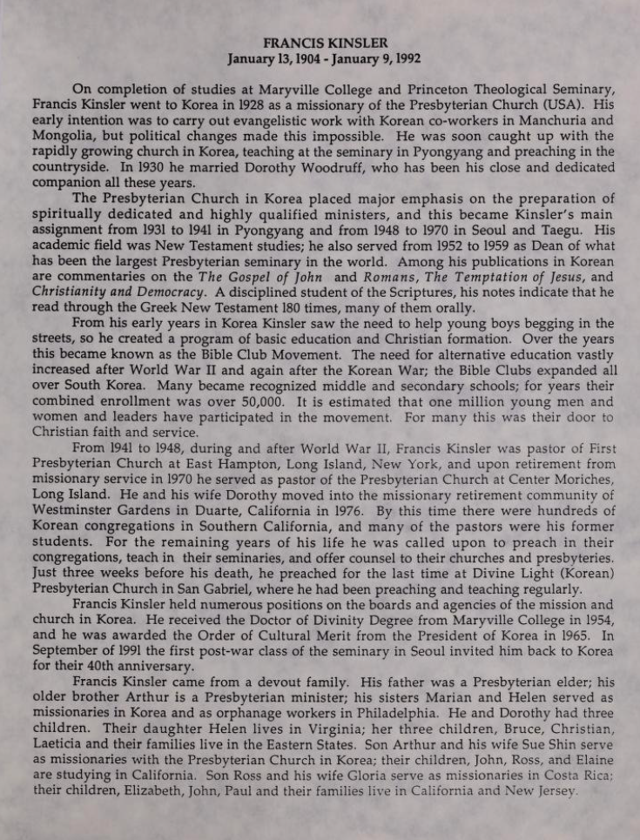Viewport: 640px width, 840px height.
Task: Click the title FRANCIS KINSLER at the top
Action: (x=320, y=43)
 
